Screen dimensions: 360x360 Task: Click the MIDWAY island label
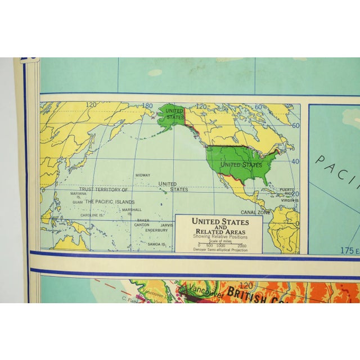[x=142, y=175]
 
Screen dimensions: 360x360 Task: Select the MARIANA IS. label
[x=78, y=195]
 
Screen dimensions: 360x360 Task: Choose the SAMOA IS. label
[x=156, y=244]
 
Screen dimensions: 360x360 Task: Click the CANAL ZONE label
[x=254, y=212]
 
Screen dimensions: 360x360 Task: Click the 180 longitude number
[x=147, y=106]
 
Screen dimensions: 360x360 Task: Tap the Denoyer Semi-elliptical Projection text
[x=219, y=250]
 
